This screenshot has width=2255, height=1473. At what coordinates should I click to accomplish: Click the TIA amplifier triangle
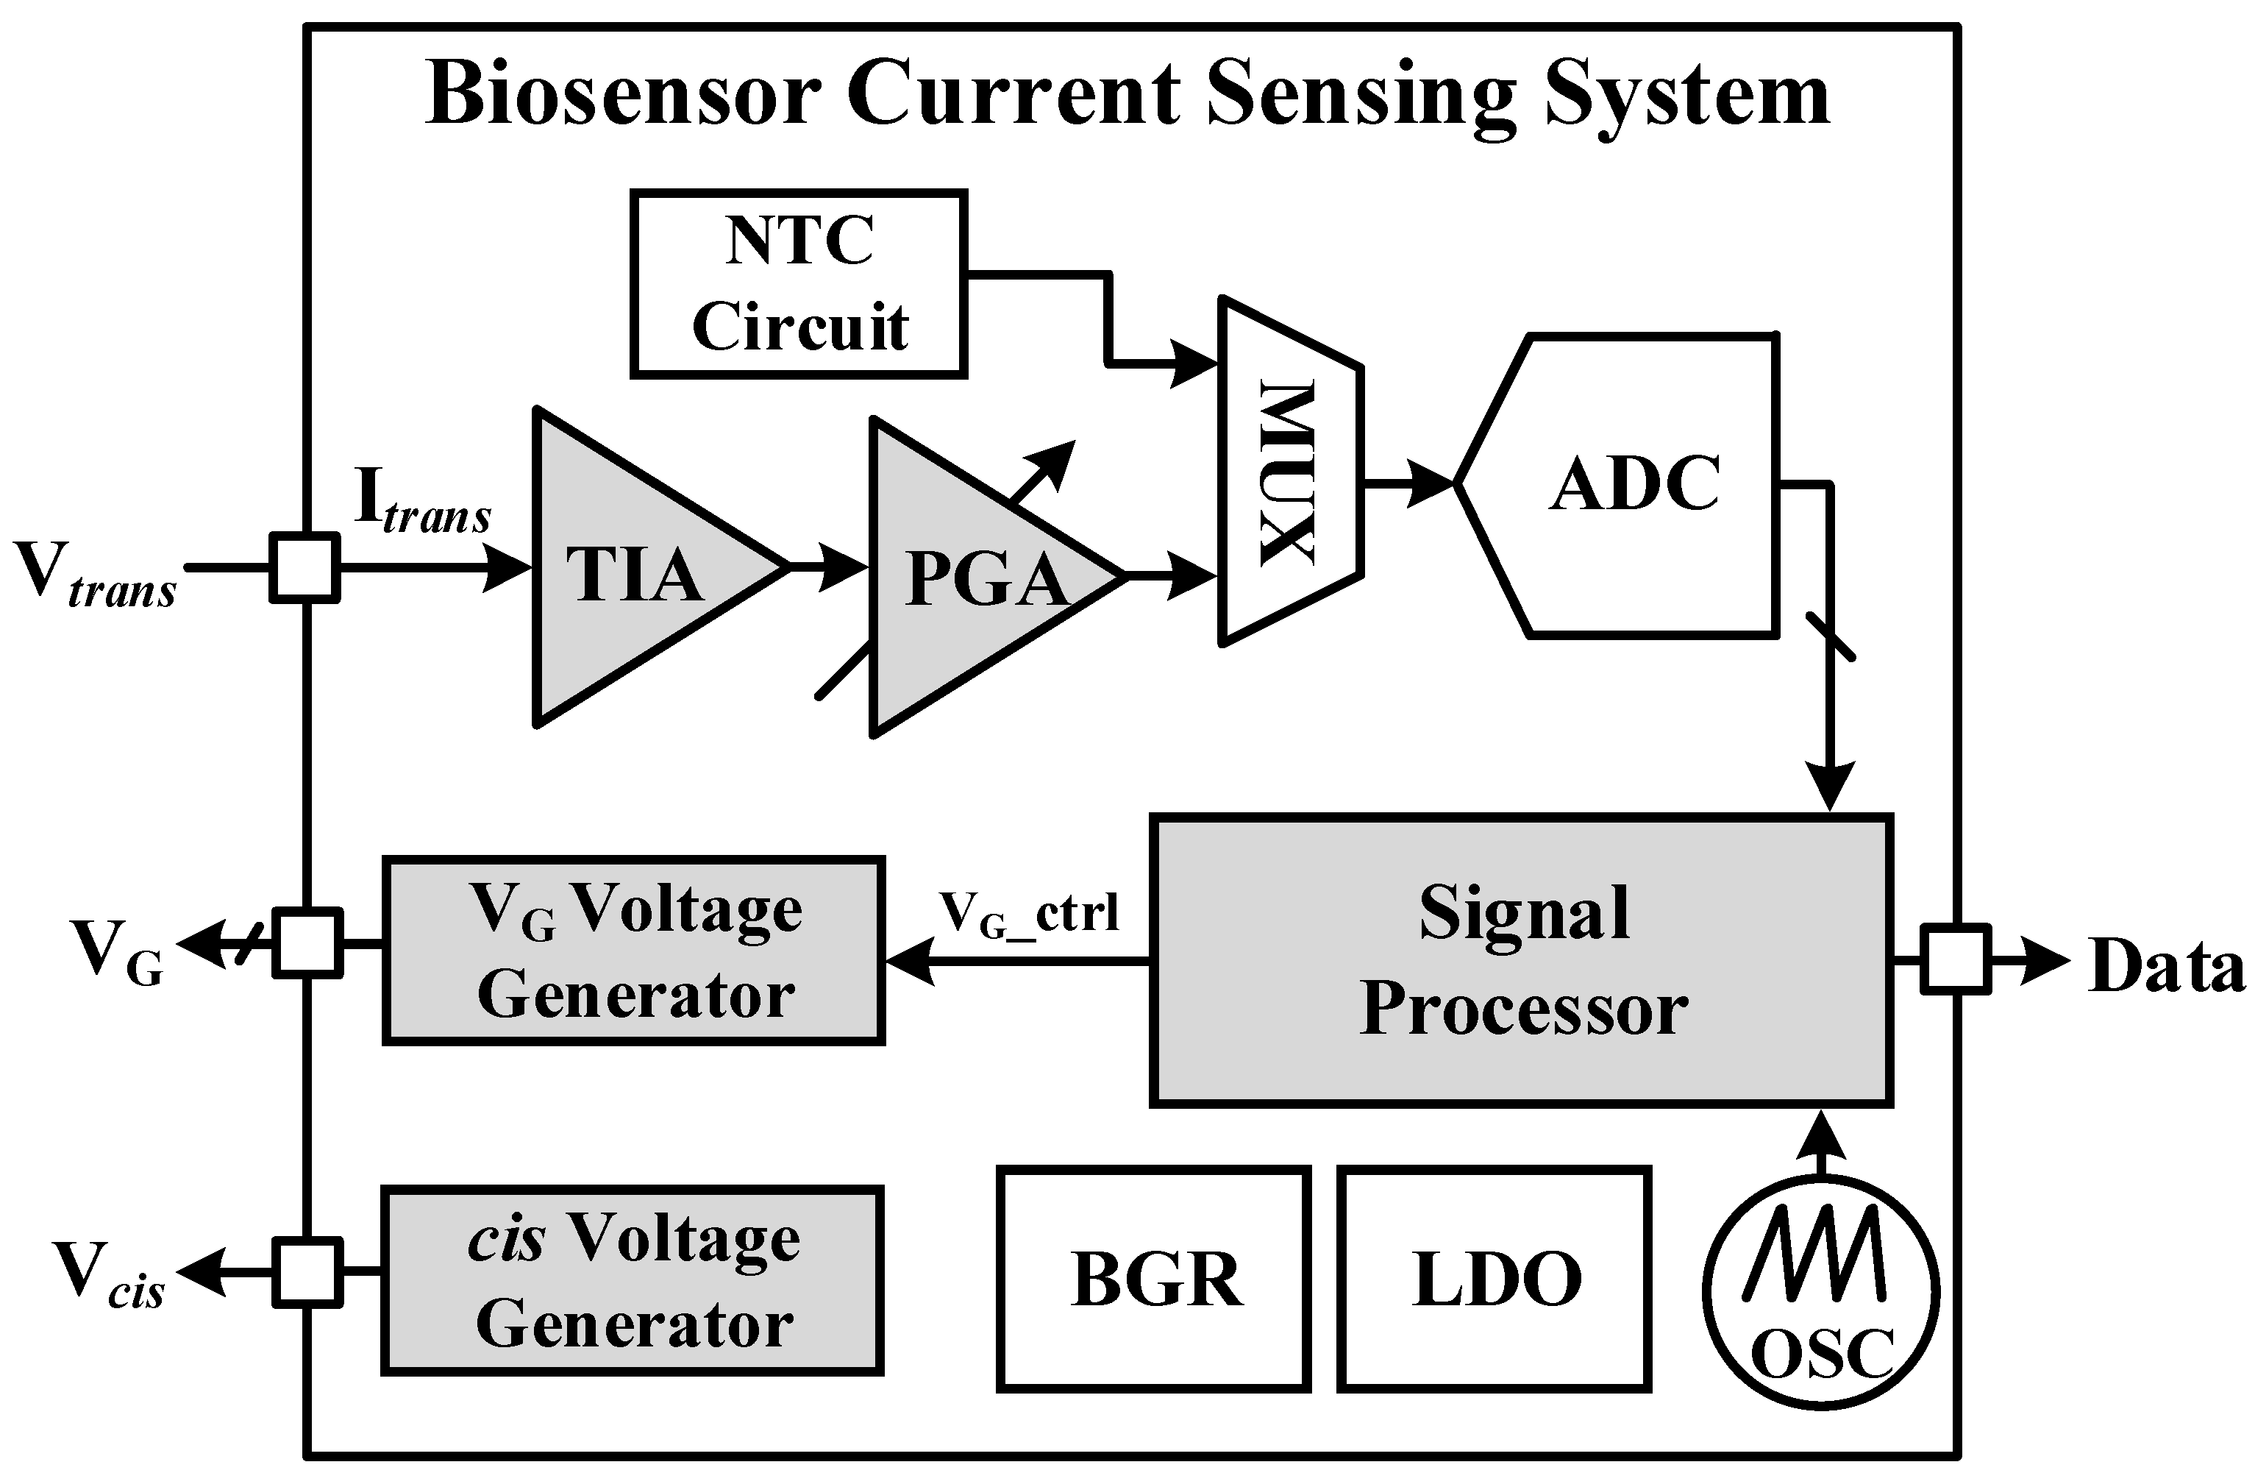pos(635,569)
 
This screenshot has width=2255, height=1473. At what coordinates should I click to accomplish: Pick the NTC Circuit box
pos(799,283)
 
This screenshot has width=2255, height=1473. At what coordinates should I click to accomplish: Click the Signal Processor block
pos(1521,959)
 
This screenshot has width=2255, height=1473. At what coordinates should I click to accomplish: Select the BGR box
pos(1154,1279)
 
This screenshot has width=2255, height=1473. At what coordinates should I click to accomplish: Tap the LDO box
pos(1495,1279)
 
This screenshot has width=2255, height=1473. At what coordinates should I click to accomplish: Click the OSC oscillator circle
pos(1821,1291)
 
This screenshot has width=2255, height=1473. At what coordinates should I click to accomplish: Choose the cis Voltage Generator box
pos(633,1279)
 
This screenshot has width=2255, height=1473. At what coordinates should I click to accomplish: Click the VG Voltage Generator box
pos(633,951)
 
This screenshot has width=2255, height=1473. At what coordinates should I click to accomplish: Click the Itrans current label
pos(421,503)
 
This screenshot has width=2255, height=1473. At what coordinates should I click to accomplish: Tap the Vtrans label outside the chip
pos(95,576)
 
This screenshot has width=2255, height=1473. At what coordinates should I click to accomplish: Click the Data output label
pos(2166,967)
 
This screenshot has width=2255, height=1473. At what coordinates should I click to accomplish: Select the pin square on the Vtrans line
pos(305,568)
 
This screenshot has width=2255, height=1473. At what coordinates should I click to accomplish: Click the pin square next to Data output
pos(1955,960)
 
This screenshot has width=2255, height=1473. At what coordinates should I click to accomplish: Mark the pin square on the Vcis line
pos(307,1272)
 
